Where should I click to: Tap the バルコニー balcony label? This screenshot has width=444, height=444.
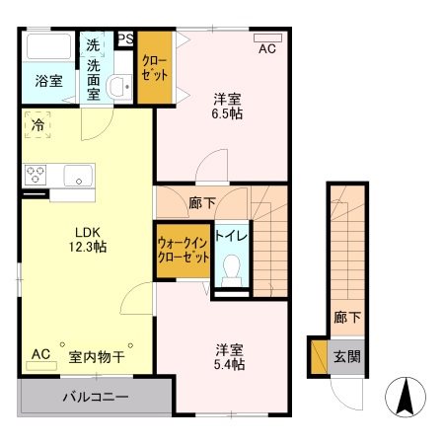tap(97, 398)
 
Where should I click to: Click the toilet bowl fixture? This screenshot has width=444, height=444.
tap(232, 267)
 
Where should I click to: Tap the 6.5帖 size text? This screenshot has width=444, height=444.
tap(229, 112)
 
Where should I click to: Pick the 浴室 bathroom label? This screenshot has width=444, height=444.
tap(49, 81)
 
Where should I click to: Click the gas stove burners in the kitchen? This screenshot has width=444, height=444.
tap(36, 176)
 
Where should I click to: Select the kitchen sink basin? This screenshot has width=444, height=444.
tap(77, 176)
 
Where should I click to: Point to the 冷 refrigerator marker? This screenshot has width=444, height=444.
tap(37, 125)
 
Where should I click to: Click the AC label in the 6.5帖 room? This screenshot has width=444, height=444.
tap(267, 47)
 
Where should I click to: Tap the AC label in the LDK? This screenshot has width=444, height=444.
tap(40, 353)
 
